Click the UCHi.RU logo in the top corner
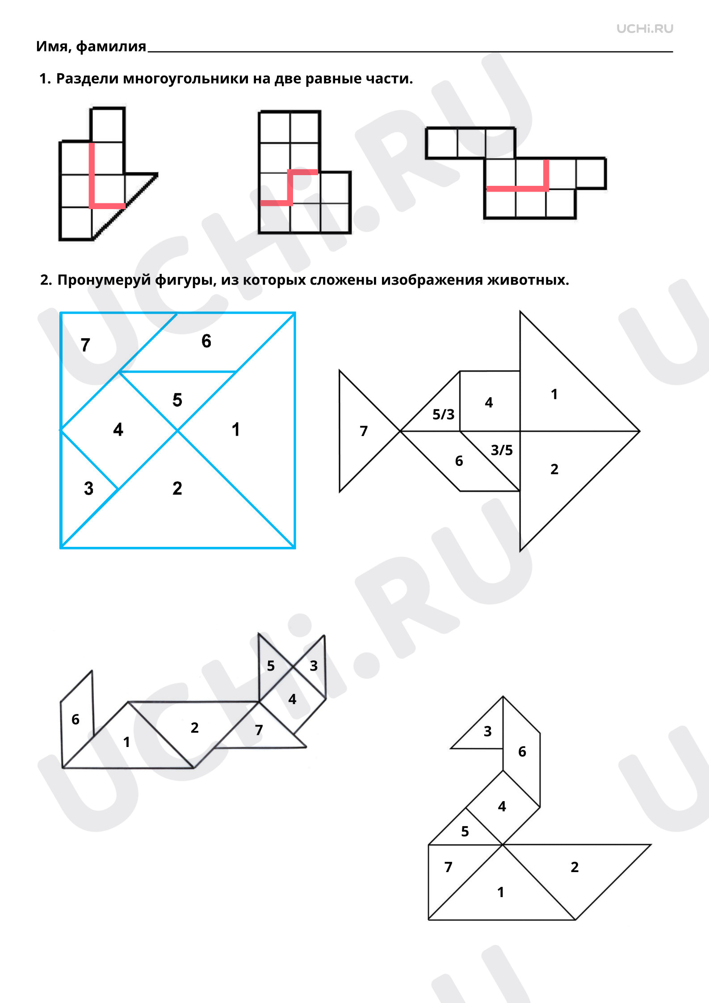[645, 29]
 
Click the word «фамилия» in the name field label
[111, 46]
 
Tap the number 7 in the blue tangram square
[85, 345]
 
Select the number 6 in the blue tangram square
[206, 341]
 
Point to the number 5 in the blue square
[177, 400]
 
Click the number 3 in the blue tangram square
[88, 488]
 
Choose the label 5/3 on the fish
[443, 415]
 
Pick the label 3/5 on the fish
[502, 450]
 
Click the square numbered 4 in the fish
[490, 401]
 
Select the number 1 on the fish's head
[554, 394]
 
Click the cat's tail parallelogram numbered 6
[77, 719]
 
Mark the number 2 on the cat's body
[194, 728]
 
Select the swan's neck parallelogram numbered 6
[521, 752]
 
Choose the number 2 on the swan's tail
[575, 867]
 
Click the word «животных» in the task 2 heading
[528, 280]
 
